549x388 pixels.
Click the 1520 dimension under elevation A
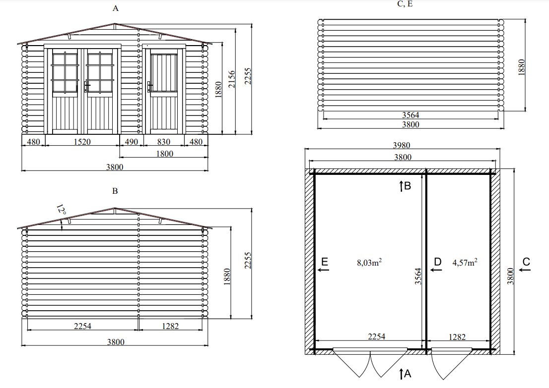point(82,142)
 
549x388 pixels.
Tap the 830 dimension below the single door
point(163,142)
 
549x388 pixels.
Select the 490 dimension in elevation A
point(132,142)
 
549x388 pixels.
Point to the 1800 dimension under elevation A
point(165,154)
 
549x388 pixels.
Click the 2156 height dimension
point(232,79)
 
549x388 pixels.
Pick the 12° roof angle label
point(61,210)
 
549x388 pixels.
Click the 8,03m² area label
point(369,262)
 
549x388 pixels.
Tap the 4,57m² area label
point(465,262)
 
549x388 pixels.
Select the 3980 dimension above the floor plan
point(401,145)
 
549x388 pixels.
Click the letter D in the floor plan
point(438,262)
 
